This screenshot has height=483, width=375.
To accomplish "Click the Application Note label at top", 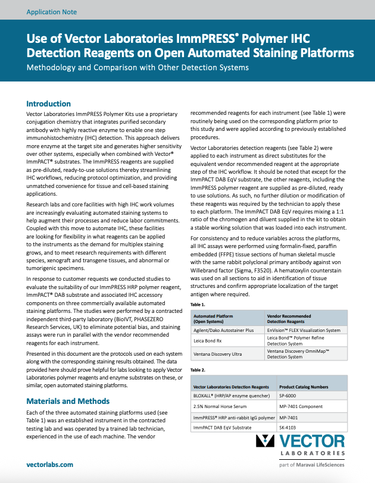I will (52, 11).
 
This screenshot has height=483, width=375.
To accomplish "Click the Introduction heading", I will (49, 103).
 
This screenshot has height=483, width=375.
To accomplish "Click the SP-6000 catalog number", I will (290, 395).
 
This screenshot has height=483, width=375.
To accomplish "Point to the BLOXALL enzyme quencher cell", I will (230, 395).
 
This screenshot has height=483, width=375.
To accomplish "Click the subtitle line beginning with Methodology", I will (137, 67).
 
